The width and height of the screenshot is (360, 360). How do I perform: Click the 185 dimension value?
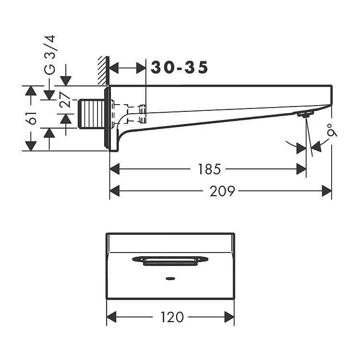(x=209, y=169)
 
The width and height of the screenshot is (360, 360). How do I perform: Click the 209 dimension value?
(x=222, y=191)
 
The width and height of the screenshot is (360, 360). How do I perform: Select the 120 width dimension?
(x=171, y=317)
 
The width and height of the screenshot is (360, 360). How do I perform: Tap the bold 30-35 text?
(x=180, y=68)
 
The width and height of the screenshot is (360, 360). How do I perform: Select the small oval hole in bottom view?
(x=169, y=278)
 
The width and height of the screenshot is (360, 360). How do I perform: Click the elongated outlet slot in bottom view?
(x=170, y=260)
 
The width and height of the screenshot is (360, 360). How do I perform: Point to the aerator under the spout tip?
(x=305, y=114)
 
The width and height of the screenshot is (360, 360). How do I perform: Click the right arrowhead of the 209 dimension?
(x=327, y=191)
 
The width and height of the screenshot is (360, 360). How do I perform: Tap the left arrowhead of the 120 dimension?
(x=111, y=317)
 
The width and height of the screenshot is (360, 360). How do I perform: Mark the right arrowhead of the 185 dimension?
(x=302, y=169)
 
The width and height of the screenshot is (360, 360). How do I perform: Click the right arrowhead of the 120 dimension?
(x=229, y=317)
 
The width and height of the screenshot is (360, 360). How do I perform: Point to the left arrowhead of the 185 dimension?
(x=115, y=169)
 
